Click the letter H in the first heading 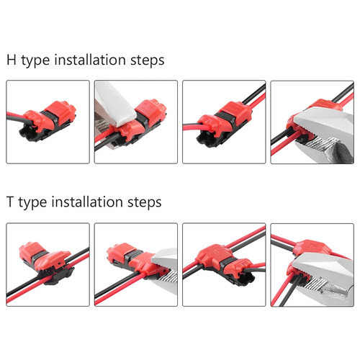click(12, 60)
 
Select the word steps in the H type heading click(146, 60)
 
